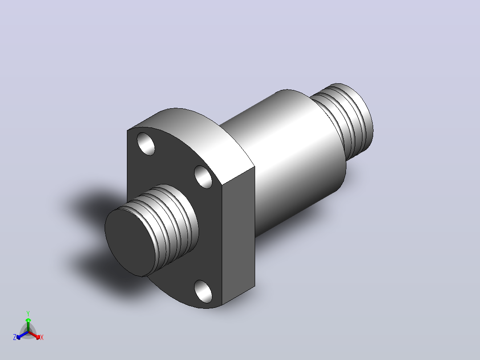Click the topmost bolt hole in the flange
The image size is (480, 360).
(x=146, y=144)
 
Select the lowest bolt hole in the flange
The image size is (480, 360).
(x=203, y=291)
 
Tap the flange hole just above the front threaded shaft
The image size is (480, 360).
(x=203, y=177)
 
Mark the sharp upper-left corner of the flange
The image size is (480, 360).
(x=127, y=131)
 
